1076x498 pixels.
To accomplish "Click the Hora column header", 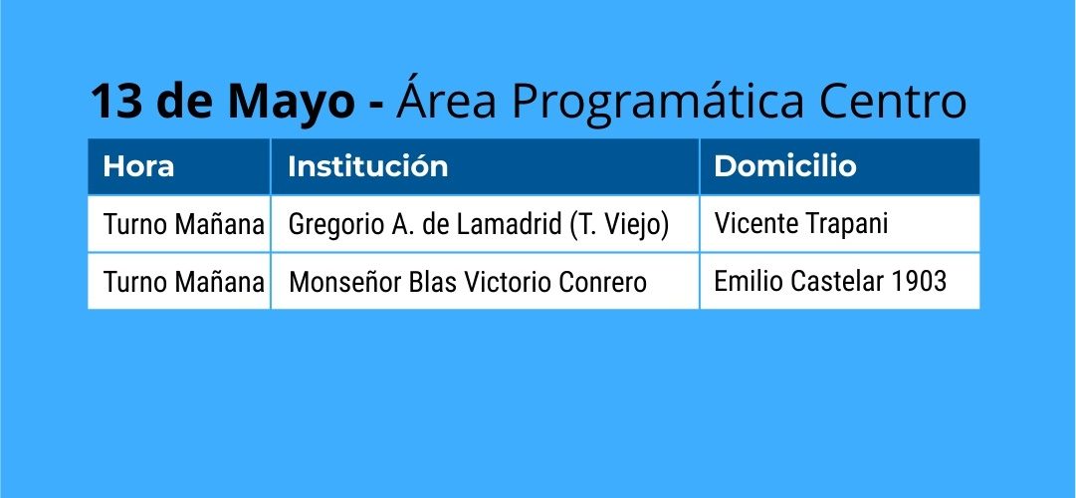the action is [x=138, y=166].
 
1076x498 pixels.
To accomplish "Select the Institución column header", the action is [x=368, y=166].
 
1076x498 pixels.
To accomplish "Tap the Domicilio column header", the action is [x=785, y=166].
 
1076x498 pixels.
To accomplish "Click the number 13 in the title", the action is [x=115, y=102].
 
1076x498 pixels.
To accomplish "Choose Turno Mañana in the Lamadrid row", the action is [x=184, y=225].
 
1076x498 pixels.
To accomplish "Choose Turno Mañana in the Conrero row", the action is [x=184, y=282].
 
